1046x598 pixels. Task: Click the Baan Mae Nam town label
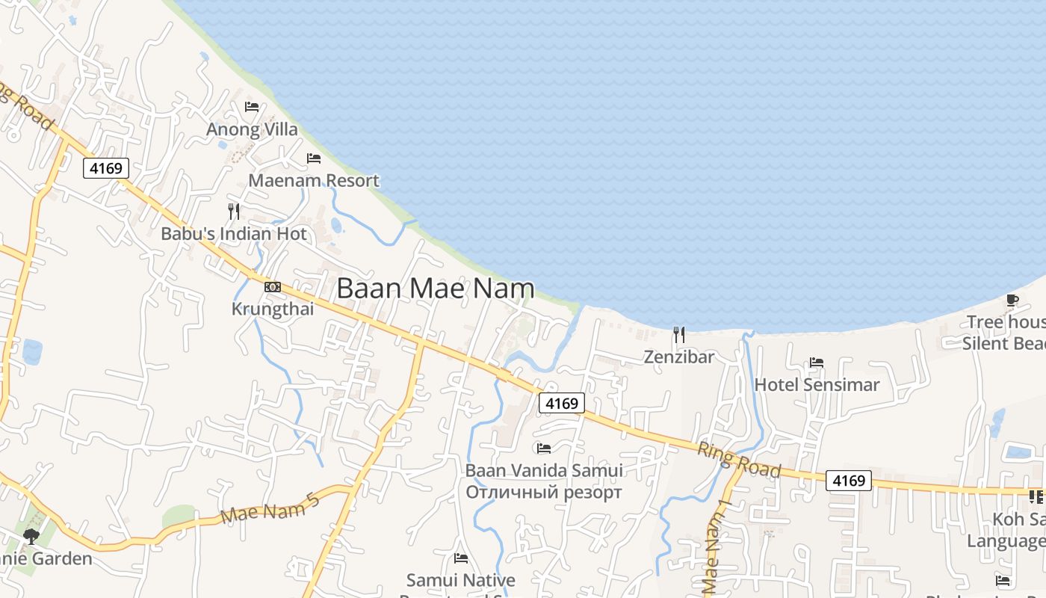[436, 289]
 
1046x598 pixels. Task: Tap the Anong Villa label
[252, 129]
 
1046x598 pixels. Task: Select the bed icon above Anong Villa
[252, 107]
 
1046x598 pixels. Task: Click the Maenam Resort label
[314, 181]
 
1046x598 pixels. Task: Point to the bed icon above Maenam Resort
[314, 158]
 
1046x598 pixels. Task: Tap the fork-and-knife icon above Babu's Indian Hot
[234, 212]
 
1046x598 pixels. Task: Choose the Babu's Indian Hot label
[234, 234]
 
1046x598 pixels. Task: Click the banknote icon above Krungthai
[273, 287]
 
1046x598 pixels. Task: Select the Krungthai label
[273, 309]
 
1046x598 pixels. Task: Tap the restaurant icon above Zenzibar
[678, 334]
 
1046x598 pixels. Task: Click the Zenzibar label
[678, 357]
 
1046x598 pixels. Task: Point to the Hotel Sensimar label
[817, 385]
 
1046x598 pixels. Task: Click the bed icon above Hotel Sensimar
[817, 363]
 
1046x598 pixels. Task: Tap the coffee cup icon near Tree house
[1012, 300]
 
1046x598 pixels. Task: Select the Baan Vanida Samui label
[544, 471]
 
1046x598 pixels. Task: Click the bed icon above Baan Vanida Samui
[544, 449]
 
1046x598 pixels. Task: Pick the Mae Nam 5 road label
[270, 508]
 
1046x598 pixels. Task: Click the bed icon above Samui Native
[461, 558]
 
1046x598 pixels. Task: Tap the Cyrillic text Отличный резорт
[544, 493]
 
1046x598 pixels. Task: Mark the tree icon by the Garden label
[31, 535]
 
